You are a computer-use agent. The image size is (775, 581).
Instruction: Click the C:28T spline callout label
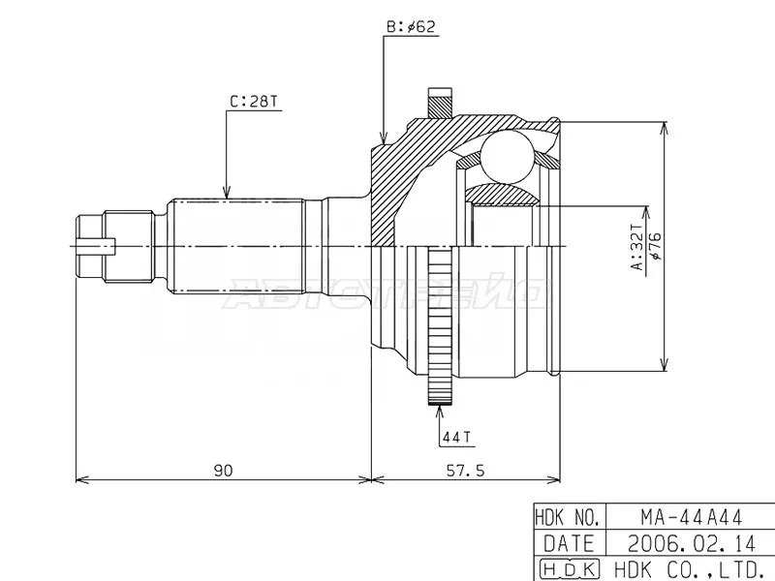(x=251, y=101)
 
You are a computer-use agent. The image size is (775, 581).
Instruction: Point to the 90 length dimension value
(x=224, y=470)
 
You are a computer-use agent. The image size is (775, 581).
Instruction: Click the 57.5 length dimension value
(x=467, y=470)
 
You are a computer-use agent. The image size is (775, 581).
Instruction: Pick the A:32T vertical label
(x=635, y=250)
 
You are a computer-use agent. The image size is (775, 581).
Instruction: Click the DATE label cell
(x=570, y=542)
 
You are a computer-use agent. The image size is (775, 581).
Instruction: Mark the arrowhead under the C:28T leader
(x=226, y=195)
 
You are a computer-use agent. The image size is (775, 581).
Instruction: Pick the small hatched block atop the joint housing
(x=442, y=101)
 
